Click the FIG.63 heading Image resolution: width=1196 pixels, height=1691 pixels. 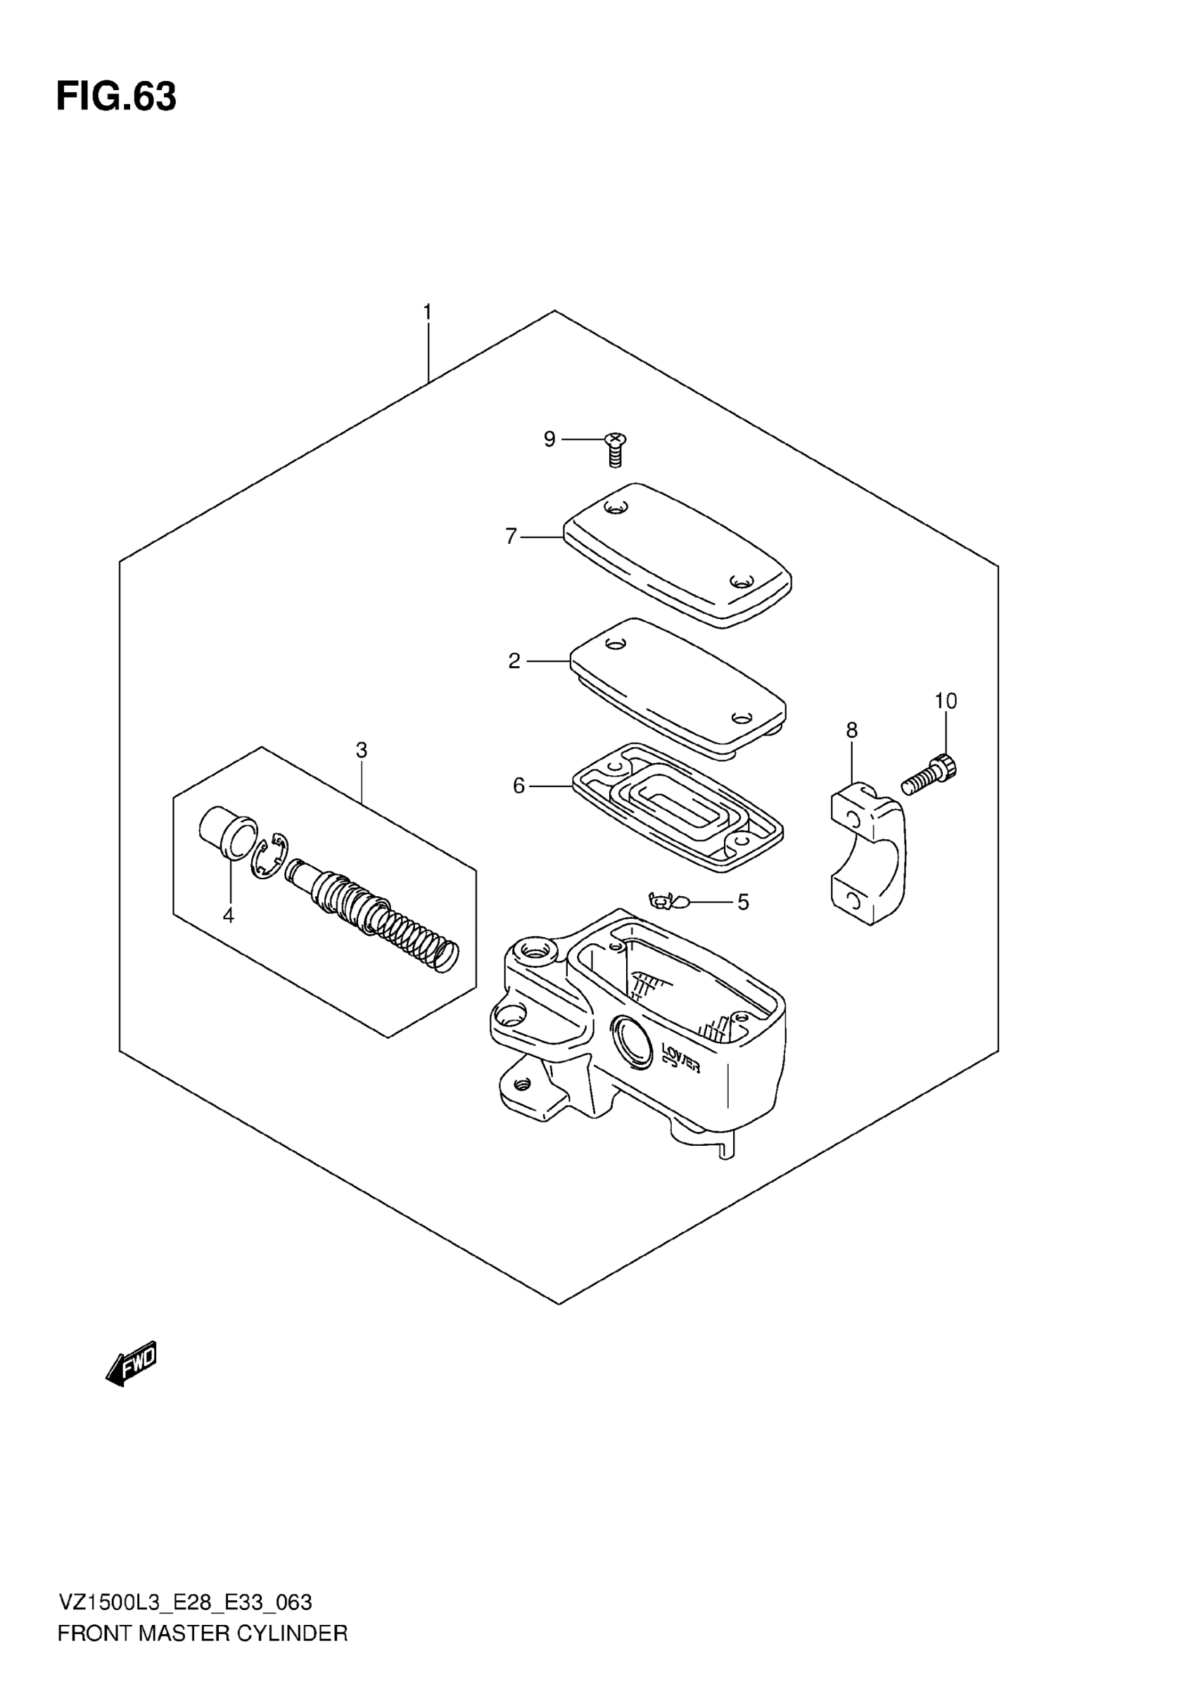click(116, 96)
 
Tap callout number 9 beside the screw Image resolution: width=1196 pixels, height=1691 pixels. click(549, 440)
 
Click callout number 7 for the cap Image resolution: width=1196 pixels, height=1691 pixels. click(511, 536)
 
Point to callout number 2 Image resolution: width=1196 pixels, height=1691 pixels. click(514, 661)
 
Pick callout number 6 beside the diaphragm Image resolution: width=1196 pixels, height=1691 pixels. click(519, 786)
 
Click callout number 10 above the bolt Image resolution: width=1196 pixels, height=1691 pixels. click(946, 701)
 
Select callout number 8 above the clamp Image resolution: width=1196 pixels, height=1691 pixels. click(851, 730)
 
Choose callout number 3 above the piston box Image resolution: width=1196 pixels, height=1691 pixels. click(361, 750)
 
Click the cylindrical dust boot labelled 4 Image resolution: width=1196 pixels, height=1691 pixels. click(227, 833)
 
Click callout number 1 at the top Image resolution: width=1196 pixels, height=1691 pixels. click(427, 312)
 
